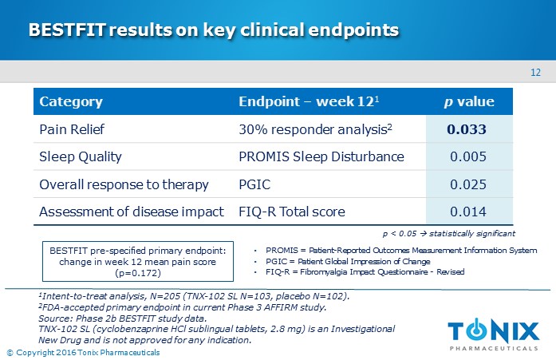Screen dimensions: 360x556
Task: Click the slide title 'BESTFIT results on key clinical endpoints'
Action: coord(214,30)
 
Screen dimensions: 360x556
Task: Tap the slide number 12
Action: coord(535,73)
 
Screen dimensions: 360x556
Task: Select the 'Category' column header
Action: coord(71,102)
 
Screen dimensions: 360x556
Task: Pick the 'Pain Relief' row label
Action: coord(73,129)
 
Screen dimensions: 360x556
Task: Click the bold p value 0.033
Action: coord(467,129)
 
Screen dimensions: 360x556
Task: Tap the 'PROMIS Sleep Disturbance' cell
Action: coord(321,156)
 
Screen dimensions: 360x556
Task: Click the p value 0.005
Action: coord(468,156)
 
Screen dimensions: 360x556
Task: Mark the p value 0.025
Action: coord(468,184)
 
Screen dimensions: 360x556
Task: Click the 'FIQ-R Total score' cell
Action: coord(292,212)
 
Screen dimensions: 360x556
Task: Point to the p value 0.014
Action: coord(468,212)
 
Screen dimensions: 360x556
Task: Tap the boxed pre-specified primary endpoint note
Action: coord(138,262)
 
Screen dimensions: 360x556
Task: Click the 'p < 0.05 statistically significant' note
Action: coord(449,233)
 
